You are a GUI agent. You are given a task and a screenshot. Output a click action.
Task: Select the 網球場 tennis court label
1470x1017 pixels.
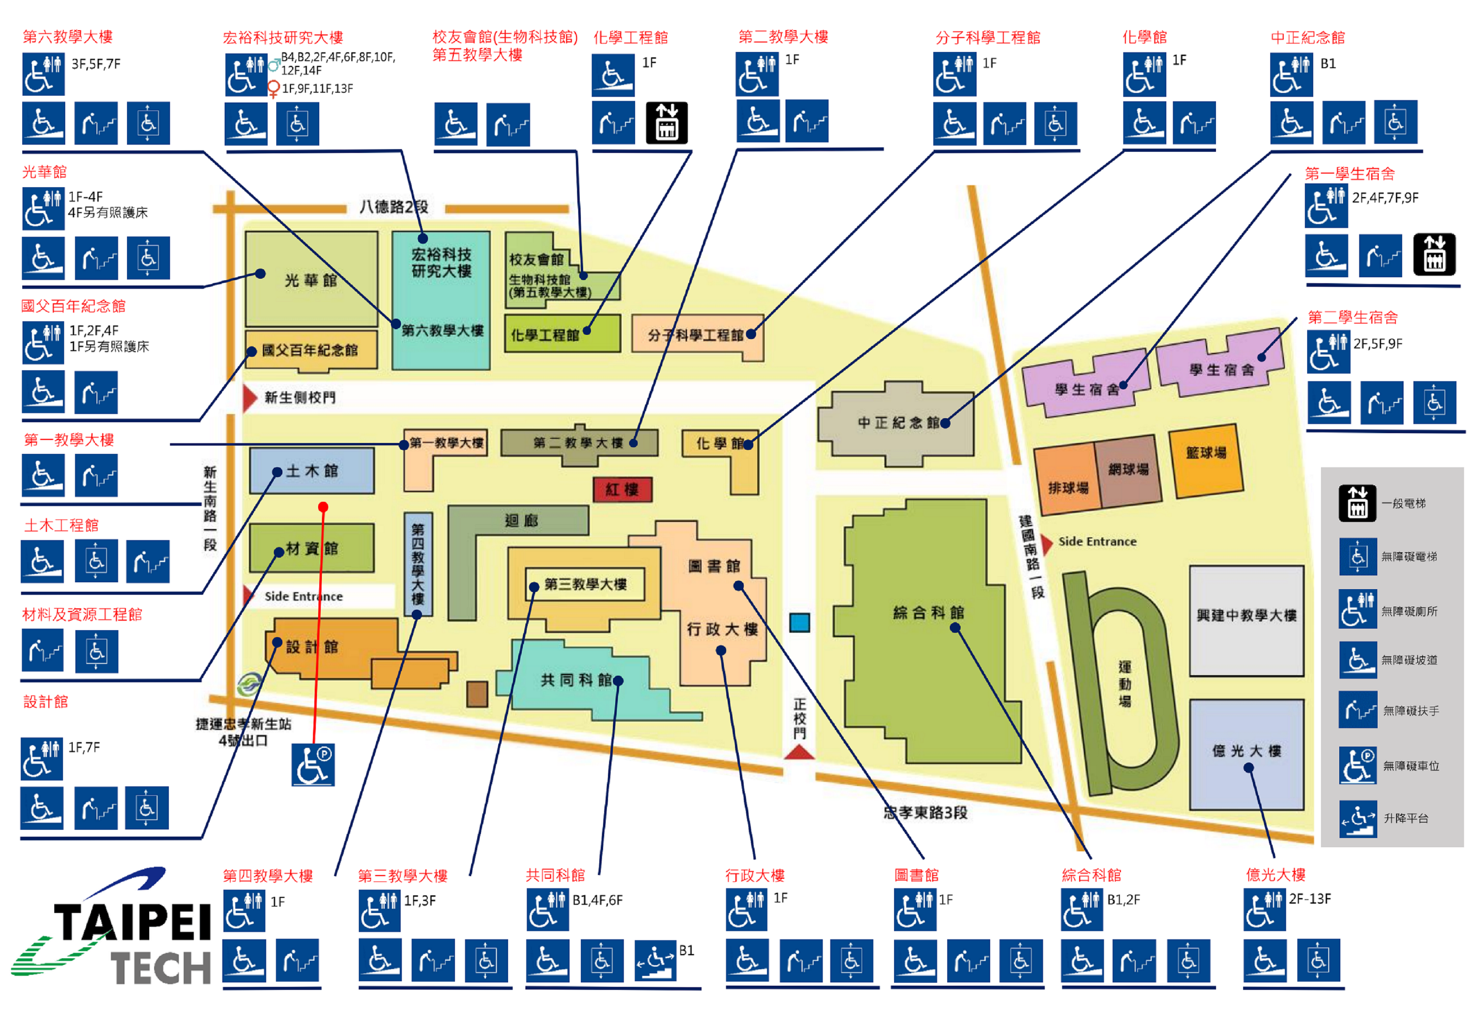click(1128, 469)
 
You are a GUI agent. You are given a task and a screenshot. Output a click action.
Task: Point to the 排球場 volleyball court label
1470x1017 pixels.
click(1069, 488)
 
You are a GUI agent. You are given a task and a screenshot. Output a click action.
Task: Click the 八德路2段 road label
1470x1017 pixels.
click(394, 206)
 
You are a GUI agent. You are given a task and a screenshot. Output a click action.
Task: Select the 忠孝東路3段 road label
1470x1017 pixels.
click(926, 812)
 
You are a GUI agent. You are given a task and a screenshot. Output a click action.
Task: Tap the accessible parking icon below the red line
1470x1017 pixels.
click(313, 765)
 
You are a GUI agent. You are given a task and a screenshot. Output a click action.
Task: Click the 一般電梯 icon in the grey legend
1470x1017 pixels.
click(1357, 503)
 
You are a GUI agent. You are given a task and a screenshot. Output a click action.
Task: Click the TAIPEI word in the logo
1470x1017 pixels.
click(133, 921)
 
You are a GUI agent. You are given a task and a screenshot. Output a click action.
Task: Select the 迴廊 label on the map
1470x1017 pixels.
click(521, 521)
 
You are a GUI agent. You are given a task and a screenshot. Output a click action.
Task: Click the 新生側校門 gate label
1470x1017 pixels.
click(300, 398)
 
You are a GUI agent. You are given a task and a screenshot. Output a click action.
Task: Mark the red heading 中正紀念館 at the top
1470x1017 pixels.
click(1308, 38)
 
